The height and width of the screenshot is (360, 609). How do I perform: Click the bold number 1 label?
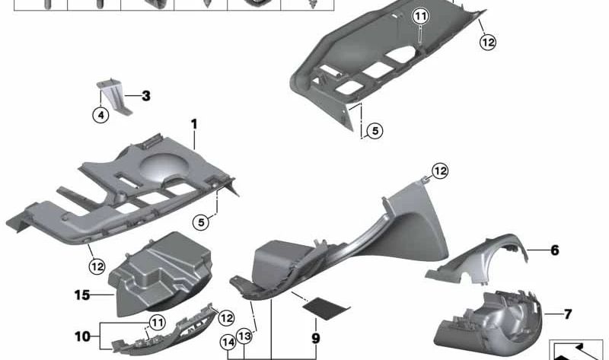[194, 124]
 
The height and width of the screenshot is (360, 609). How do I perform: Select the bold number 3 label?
[146, 96]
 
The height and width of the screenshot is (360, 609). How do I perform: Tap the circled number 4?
[101, 115]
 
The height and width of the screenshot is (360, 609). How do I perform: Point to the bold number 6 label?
[555, 250]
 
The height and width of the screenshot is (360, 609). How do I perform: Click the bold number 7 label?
[568, 314]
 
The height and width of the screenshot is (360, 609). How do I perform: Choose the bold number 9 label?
[316, 338]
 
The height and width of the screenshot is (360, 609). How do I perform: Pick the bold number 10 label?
[83, 336]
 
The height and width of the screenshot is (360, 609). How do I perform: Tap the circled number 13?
[244, 336]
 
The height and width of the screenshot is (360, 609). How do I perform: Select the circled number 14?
[228, 342]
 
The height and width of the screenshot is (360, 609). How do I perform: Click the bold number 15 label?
[82, 295]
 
